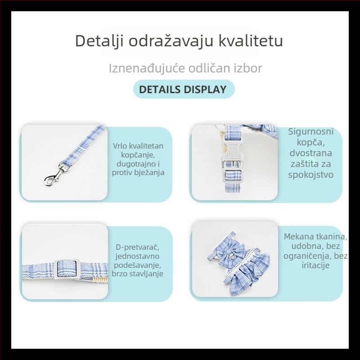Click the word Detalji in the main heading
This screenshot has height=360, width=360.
[99, 41]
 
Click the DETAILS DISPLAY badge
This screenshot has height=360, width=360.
[183, 89]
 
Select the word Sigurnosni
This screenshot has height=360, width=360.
[311, 132]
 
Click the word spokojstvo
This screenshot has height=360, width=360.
[311, 174]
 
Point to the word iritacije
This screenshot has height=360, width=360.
[315, 265]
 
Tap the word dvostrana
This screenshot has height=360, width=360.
[311, 153]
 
